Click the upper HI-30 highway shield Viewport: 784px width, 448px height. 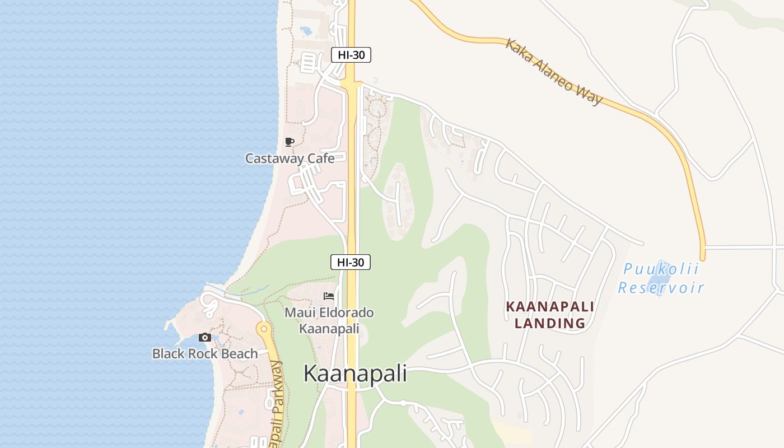point(351,55)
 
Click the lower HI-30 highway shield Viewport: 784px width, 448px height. point(351,262)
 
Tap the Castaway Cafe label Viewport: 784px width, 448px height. point(290,158)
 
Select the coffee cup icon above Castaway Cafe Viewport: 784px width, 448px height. point(289,142)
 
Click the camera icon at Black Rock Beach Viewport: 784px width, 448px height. point(205,337)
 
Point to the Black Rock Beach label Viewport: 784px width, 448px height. point(205,354)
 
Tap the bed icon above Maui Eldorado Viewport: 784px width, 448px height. point(329,296)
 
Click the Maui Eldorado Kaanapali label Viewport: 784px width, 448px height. point(329,320)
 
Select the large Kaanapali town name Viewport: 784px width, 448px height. point(355,374)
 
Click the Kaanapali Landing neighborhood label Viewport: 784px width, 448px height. point(550,315)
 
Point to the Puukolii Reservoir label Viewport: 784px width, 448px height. point(661,278)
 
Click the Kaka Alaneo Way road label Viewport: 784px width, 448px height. point(554,71)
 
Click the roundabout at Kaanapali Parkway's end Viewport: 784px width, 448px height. point(263,328)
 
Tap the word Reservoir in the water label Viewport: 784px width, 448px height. point(661,288)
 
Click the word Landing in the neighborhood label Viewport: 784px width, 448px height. point(550,323)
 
